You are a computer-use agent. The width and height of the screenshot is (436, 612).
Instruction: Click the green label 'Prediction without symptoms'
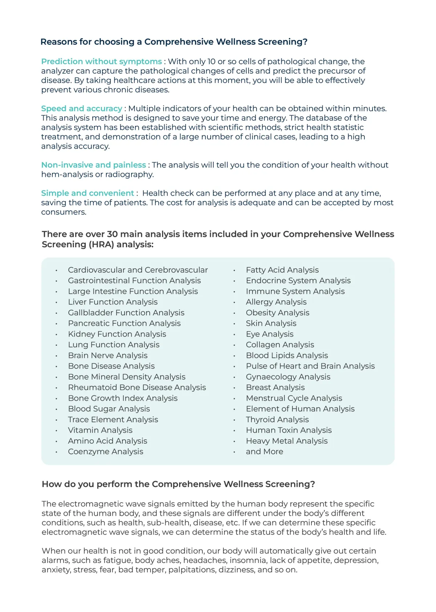point(101,61)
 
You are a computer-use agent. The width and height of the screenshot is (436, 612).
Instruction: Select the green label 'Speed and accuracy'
point(81,108)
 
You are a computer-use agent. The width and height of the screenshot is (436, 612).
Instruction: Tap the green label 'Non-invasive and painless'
point(93,165)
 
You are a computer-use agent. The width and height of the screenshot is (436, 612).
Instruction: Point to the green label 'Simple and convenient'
point(88,193)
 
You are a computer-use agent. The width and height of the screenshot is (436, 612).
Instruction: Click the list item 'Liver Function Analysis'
point(113,302)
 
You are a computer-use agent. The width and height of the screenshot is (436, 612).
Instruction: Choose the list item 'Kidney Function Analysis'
point(117,334)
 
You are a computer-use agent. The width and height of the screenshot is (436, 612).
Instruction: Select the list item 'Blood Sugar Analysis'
point(109,409)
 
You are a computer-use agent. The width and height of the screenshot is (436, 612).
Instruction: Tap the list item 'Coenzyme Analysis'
point(105,451)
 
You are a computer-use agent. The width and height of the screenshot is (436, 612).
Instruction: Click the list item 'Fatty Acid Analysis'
point(282,270)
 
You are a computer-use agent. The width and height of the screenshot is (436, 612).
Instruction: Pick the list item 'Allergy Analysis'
point(276,302)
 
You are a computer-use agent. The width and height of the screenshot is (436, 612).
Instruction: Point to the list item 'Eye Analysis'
point(270,334)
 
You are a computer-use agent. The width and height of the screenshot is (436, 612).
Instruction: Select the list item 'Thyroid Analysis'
point(277,419)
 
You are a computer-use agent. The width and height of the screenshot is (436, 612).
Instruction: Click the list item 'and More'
point(264,451)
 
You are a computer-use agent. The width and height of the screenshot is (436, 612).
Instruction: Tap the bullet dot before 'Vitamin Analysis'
point(56,431)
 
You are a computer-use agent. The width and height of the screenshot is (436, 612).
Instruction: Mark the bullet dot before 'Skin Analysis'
point(234,324)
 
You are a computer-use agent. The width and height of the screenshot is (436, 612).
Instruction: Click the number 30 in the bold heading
point(112,234)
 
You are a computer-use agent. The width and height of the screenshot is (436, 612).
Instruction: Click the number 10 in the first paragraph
point(211,61)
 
